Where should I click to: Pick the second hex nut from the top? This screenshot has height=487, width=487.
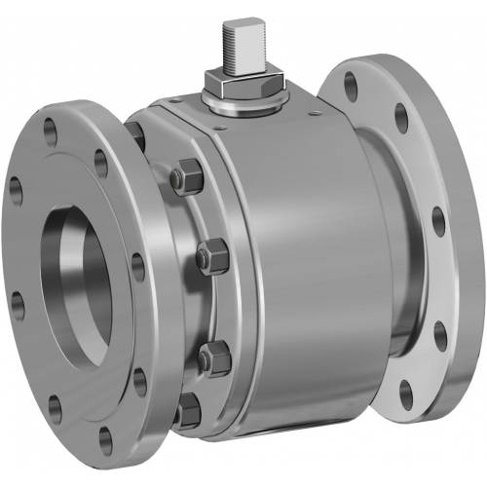212,258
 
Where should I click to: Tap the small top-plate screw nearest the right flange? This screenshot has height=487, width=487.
311,115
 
